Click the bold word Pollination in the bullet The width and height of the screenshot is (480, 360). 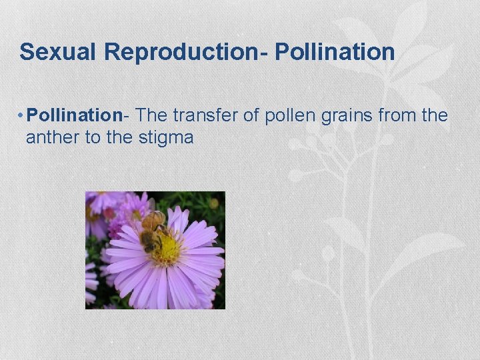coord(74,115)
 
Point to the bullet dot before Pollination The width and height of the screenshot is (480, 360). coord(21,116)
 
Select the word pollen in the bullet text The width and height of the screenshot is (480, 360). coord(290,115)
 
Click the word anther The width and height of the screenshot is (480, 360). coord(49,138)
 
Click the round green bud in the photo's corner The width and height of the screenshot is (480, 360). coord(213,203)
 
